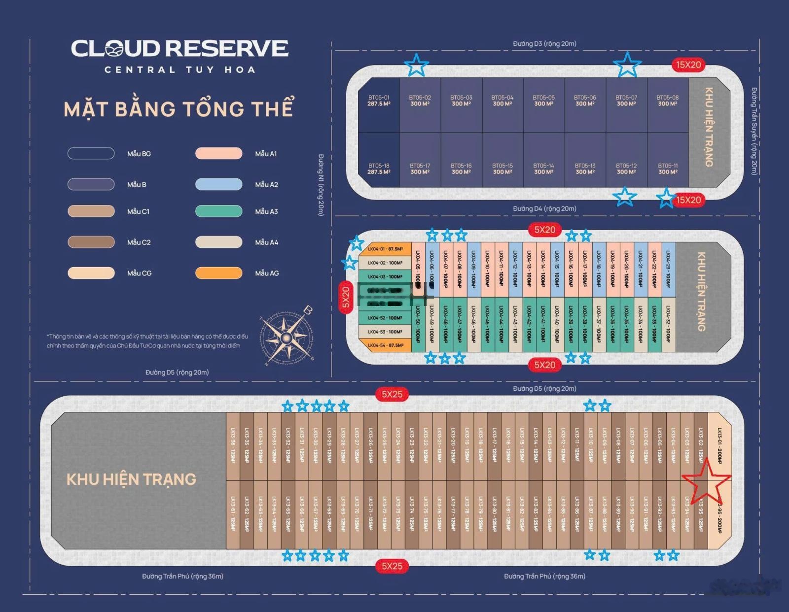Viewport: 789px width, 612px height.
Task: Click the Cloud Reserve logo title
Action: pyautogui.click(x=179, y=49)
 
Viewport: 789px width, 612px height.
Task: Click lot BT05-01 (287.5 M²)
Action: pyautogui.click(x=379, y=104)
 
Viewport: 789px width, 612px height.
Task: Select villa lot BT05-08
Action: pyautogui.click(x=667, y=104)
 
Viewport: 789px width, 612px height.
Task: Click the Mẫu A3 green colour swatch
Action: pyautogui.click(x=218, y=211)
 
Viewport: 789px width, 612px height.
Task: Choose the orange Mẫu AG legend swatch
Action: pyautogui.click(x=218, y=273)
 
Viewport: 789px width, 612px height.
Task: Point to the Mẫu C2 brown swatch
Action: pyautogui.click(x=91, y=242)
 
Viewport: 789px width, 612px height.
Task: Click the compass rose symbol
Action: pyautogui.click(x=286, y=338)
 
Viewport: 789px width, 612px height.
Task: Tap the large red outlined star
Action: pyautogui.click(x=706, y=482)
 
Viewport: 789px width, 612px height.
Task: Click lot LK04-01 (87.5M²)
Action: pyautogui.click(x=385, y=249)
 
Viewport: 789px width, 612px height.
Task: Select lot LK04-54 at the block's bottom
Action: pyautogui.click(x=385, y=345)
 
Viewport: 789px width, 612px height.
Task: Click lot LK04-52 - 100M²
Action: pyautogui.click(x=385, y=318)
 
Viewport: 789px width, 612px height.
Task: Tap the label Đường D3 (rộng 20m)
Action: pyautogui.click(x=544, y=44)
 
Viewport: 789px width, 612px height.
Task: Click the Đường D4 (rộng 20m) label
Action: pyautogui.click(x=544, y=208)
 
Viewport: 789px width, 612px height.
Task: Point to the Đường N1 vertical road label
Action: pyautogui.click(x=321, y=185)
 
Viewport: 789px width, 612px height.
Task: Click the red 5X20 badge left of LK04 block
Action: pyautogui.click(x=346, y=297)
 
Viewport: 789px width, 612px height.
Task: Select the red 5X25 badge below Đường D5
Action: pyautogui.click(x=392, y=394)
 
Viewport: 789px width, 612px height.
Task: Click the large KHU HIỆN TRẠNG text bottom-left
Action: pyautogui.click(x=131, y=479)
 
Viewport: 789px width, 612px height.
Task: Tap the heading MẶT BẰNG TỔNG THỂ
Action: pyautogui.click(x=179, y=109)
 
